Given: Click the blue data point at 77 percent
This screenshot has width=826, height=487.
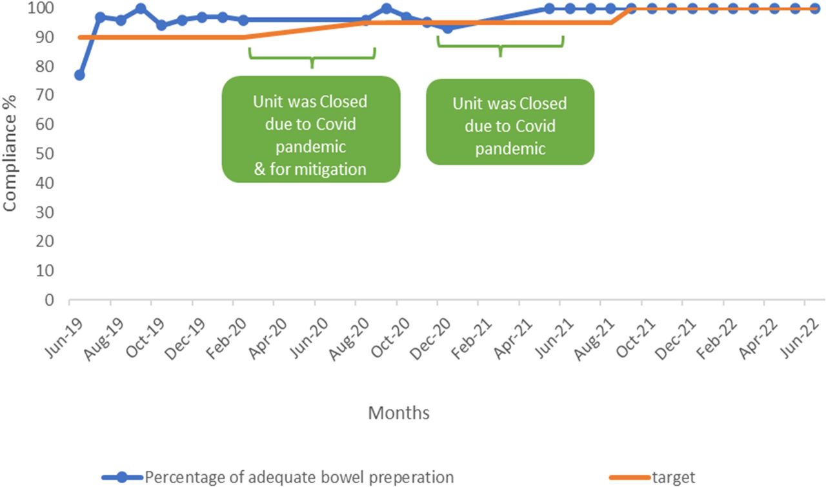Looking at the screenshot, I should coord(79,75).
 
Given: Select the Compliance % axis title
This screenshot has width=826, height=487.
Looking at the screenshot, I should coord(10,154).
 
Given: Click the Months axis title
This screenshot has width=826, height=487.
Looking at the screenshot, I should coord(399,412).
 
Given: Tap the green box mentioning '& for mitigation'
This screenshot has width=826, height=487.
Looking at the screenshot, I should coord(311,129).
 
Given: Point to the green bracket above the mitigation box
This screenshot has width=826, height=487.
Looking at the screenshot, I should coord(312,56).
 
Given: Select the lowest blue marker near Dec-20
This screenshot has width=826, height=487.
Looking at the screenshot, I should coord(447,28).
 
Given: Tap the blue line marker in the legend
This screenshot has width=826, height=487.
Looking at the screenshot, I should coord(123,477).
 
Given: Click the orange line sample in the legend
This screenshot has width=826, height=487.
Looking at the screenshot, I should coord(630,477).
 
